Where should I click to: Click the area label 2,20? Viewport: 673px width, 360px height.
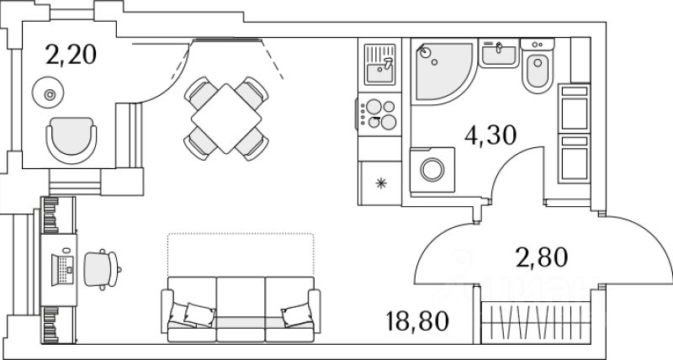pyautogui.click(x=72, y=56)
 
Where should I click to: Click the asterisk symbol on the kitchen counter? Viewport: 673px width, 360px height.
pyautogui.click(x=380, y=183)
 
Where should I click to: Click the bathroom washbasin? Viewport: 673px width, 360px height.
pyautogui.click(x=500, y=55)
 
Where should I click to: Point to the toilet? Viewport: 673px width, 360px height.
pyautogui.click(x=536, y=71)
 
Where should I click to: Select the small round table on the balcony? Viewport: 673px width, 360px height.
pyautogui.click(x=50, y=93)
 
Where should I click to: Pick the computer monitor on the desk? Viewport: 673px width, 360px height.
pyautogui.click(x=64, y=266)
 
